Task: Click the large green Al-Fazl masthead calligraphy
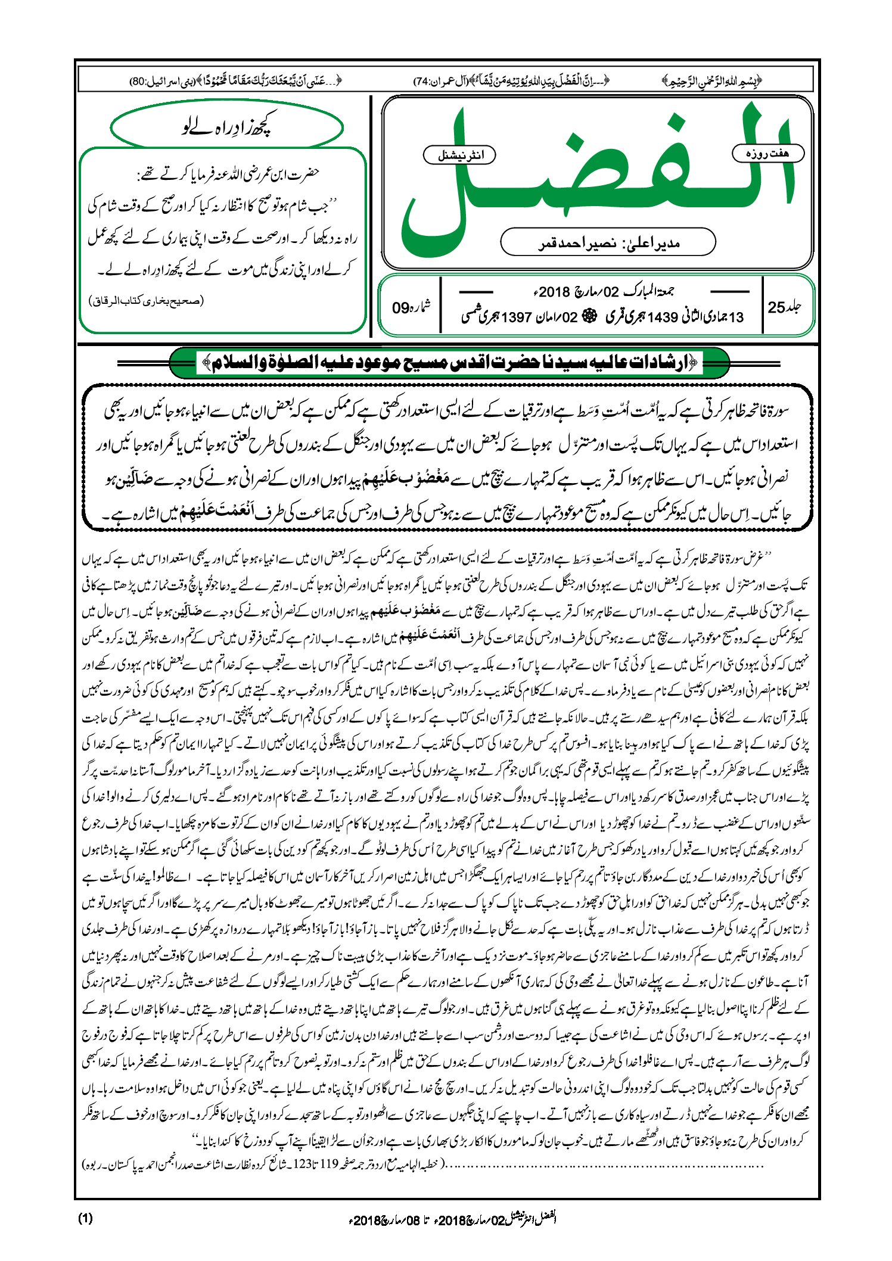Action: pos(596,179)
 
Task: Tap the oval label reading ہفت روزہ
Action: pos(767,154)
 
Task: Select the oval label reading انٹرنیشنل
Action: pos(459,155)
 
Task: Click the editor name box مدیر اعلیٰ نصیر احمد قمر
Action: pos(607,243)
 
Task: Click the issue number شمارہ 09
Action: pos(411,307)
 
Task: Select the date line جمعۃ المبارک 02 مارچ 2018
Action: pos(602,292)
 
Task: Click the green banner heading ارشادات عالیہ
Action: pos(449,362)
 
